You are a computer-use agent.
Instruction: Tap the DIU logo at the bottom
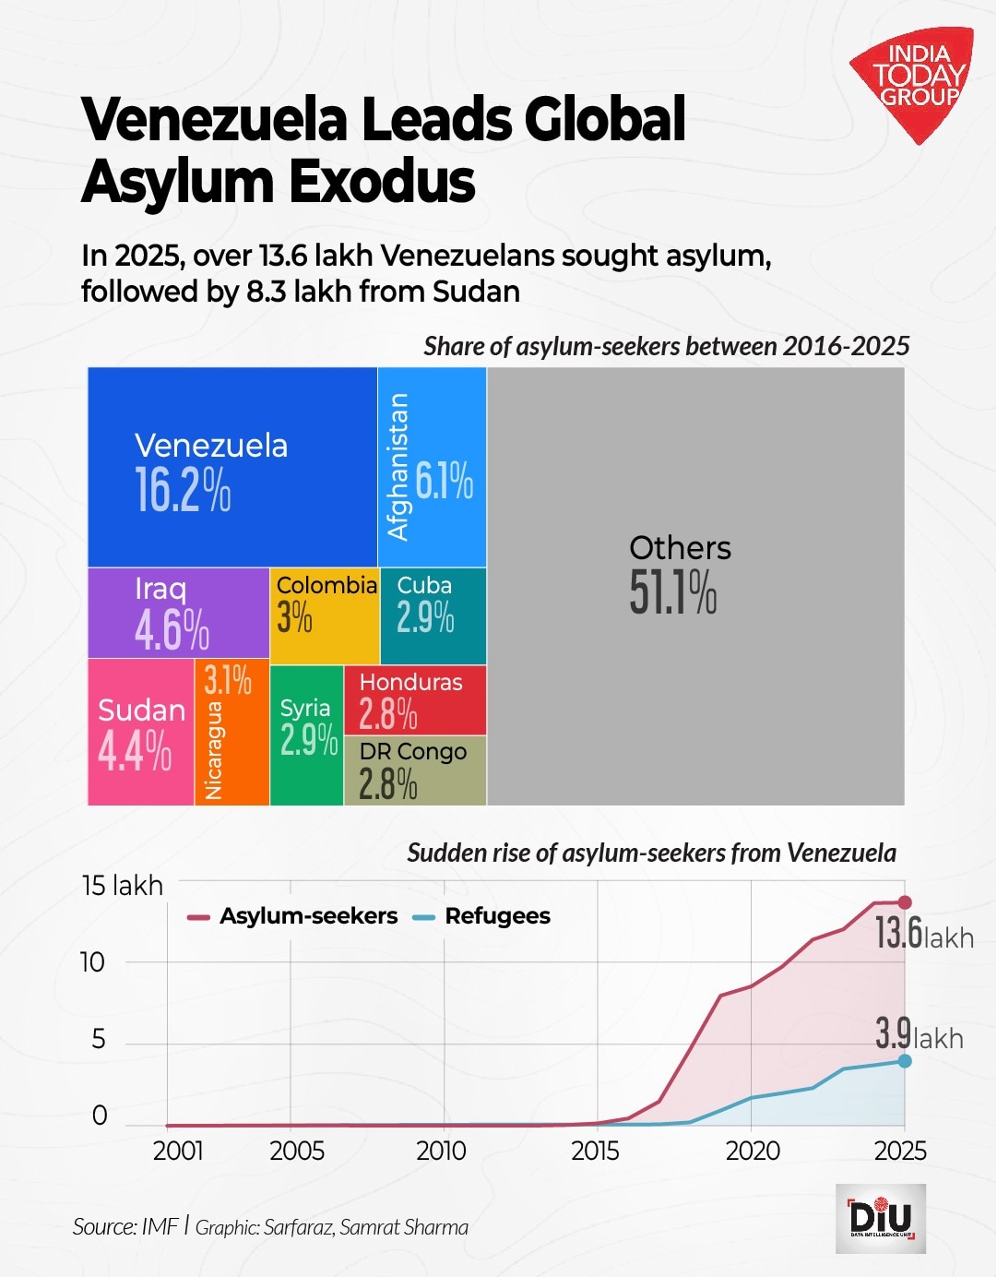pos(880,1218)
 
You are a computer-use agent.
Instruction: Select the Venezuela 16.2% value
pos(183,490)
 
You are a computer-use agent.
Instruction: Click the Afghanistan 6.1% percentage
pos(444,481)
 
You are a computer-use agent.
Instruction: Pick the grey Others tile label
pos(680,548)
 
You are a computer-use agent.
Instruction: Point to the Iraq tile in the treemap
pos(177,613)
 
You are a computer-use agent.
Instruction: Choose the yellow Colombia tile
pos(324,615)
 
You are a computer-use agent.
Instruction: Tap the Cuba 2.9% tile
pos(432,615)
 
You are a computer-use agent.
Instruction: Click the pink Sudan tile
pos(140,733)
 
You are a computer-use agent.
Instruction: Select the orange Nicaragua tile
pos(231,733)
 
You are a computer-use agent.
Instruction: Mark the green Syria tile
pos(306,734)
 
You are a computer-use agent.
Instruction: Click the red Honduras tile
pos(414,699)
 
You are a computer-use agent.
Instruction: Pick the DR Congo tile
pos(414,770)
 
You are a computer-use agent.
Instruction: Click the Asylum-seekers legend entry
pos(293,916)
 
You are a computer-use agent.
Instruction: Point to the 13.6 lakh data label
pos(922,935)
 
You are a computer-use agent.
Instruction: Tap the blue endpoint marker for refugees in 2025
pos(905,1061)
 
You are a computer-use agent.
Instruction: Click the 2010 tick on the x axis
pos(441,1152)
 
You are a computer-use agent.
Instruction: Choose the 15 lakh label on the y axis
pos(122,886)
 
